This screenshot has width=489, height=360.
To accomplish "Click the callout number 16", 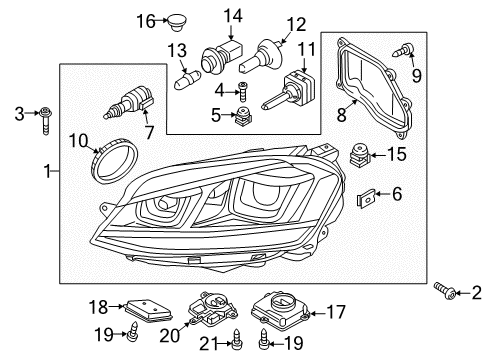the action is click(x=146, y=21).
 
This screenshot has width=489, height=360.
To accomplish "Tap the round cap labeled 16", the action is click(x=177, y=22).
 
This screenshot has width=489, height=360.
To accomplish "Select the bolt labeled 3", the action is click(x=45, y=120).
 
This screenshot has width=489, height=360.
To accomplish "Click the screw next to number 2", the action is click(x=445, y=290).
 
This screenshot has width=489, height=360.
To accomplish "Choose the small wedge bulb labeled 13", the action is click(x=187, y=80).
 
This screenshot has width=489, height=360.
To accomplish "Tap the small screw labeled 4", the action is click(x=243, y=91).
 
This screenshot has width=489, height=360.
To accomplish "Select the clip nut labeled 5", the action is click(x=244, y=116).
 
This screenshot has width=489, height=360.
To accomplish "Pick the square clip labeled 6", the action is click(x=366, y=198).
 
